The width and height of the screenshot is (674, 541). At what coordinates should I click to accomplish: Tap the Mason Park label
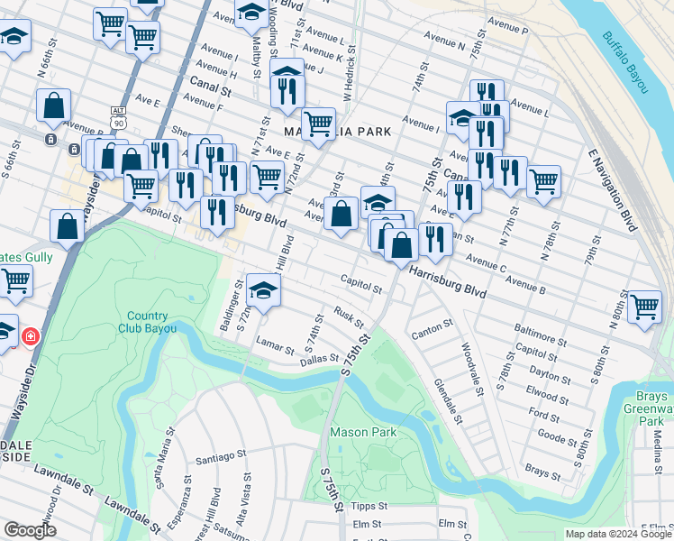point(363,432)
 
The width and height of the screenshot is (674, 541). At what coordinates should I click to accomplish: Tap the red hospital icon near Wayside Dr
point(31,337)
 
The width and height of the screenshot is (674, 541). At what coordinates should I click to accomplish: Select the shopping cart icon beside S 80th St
point(644,307)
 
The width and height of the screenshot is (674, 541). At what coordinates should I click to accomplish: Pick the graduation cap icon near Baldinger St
point(263,291)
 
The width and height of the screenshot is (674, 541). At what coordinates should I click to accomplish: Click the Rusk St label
point(348,317)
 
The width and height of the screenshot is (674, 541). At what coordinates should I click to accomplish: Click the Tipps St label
point(369,507)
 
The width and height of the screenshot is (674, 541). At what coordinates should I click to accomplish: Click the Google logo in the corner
point(30,530)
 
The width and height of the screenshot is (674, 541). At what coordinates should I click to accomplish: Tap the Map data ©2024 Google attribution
point(617,534)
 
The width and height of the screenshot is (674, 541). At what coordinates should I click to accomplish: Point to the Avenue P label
point(506,30)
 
